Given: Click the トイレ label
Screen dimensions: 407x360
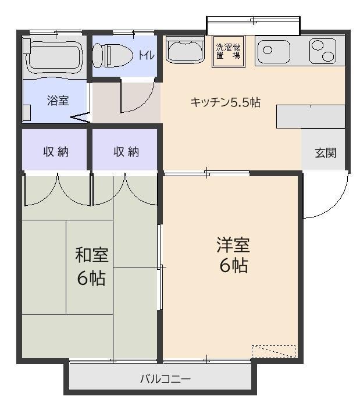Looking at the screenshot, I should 145,55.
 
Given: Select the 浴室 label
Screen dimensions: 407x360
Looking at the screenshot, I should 58,101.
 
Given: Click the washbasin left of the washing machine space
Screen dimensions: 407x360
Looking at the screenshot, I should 185,50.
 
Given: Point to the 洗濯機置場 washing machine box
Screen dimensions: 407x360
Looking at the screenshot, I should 228,52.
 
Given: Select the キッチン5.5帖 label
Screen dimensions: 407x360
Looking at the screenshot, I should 225,102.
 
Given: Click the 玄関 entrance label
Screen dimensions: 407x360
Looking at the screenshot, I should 325,153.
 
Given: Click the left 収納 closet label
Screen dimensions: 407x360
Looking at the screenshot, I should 56,152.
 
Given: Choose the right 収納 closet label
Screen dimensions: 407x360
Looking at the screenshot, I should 126,152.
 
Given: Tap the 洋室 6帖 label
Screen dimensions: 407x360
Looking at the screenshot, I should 233,254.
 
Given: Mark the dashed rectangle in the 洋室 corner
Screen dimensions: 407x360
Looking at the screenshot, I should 273,351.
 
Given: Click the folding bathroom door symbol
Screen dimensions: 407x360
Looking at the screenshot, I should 80,119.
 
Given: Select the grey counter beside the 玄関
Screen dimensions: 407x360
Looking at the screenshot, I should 310,116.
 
